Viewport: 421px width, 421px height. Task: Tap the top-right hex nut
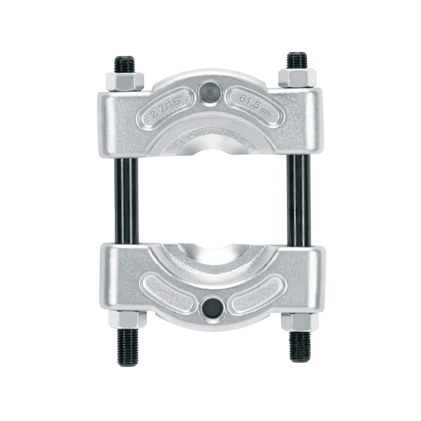[x=296, y=79]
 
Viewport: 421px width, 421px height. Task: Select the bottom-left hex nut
[x=125, y=319]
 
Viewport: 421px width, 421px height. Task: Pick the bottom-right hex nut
[x=298, y=321]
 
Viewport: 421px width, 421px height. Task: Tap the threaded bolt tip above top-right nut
[x=296, y=61]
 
